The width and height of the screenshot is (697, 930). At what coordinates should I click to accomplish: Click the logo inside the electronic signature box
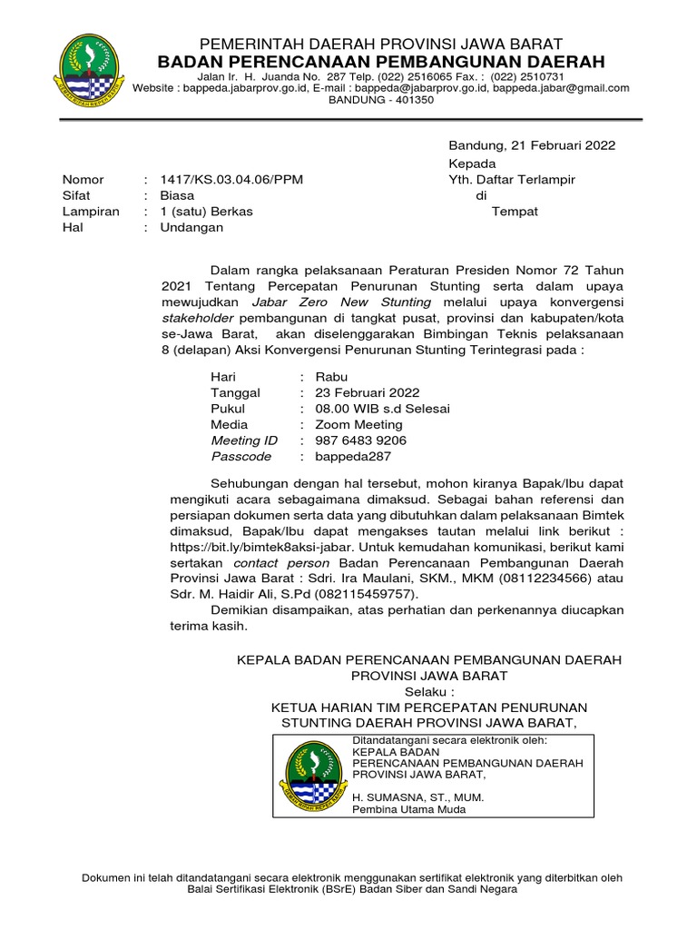313,776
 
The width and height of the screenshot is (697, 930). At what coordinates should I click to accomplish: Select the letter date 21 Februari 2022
564,145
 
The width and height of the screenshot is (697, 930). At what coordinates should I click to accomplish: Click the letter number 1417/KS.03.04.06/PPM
231,180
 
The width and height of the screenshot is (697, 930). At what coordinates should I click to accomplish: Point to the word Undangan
191,227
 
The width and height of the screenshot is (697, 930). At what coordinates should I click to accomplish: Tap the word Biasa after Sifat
176,195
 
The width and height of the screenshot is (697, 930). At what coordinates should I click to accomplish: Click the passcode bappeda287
353,456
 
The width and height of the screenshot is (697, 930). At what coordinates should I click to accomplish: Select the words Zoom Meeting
358,424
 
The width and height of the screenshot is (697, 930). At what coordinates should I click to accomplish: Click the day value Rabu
331,377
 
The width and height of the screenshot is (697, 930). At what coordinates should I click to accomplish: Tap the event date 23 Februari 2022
367,392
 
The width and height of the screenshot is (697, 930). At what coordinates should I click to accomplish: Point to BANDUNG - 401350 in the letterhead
380,100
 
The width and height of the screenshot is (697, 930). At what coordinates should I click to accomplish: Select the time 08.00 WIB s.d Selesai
382,409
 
